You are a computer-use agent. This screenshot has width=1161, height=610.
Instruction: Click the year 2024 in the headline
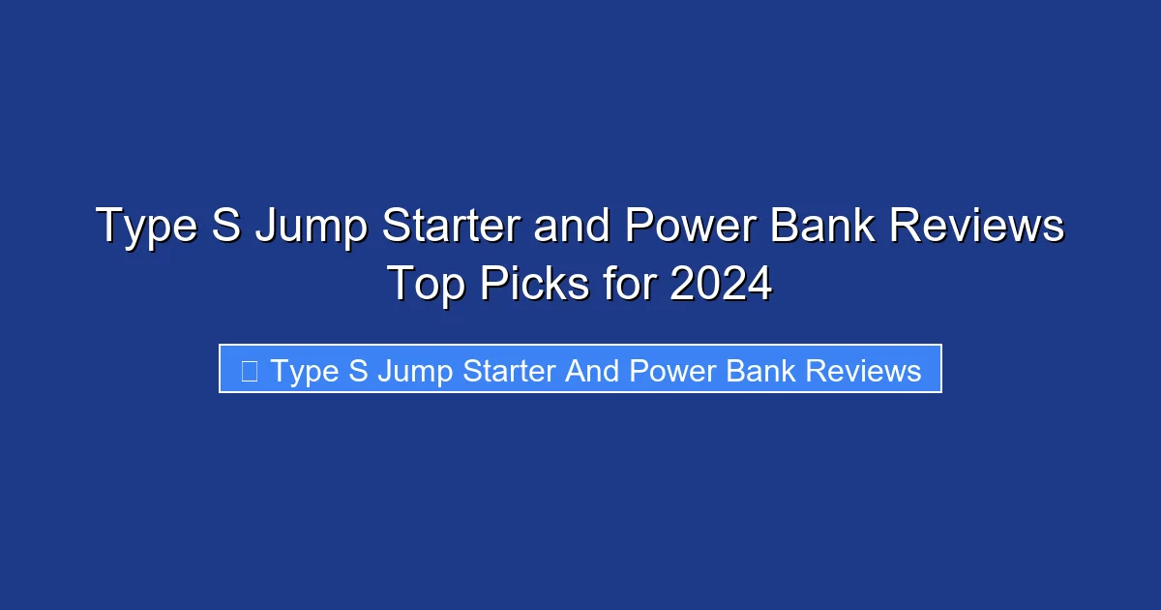coord(721,285)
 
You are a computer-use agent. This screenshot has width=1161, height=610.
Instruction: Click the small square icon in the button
coord(249,370)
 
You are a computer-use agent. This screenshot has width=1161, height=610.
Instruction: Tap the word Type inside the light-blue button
coord(305,371)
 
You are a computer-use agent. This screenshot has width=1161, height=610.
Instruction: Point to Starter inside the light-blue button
coord(509,371)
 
